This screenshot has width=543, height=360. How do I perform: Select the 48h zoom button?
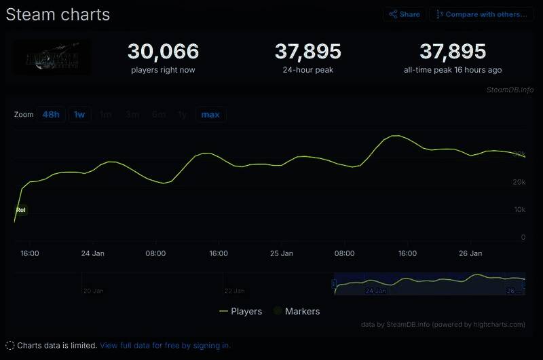pos(51,114)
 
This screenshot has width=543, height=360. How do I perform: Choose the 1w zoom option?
pos(79,114)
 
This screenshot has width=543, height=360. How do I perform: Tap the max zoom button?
pos(210,114)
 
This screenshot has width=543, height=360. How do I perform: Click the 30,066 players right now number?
pos(163,51)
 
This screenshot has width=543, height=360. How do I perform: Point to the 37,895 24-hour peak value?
pos(307,51)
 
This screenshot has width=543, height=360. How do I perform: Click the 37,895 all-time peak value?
pos(453,51)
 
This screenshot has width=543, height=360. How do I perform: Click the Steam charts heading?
pos(58,14)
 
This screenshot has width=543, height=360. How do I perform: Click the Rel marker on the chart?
pos(21,210)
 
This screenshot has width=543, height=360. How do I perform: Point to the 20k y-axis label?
pos(519,182)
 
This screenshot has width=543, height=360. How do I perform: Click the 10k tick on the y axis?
pos(519,210)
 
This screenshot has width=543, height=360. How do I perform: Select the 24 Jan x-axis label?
pos(92,253)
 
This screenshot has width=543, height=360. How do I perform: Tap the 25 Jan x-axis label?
pos(281,253)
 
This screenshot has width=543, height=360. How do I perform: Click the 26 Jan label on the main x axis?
pos(470,253)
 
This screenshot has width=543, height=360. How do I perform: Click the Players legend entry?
pos(241,311)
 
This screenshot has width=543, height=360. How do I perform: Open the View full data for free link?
pos(165,345)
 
